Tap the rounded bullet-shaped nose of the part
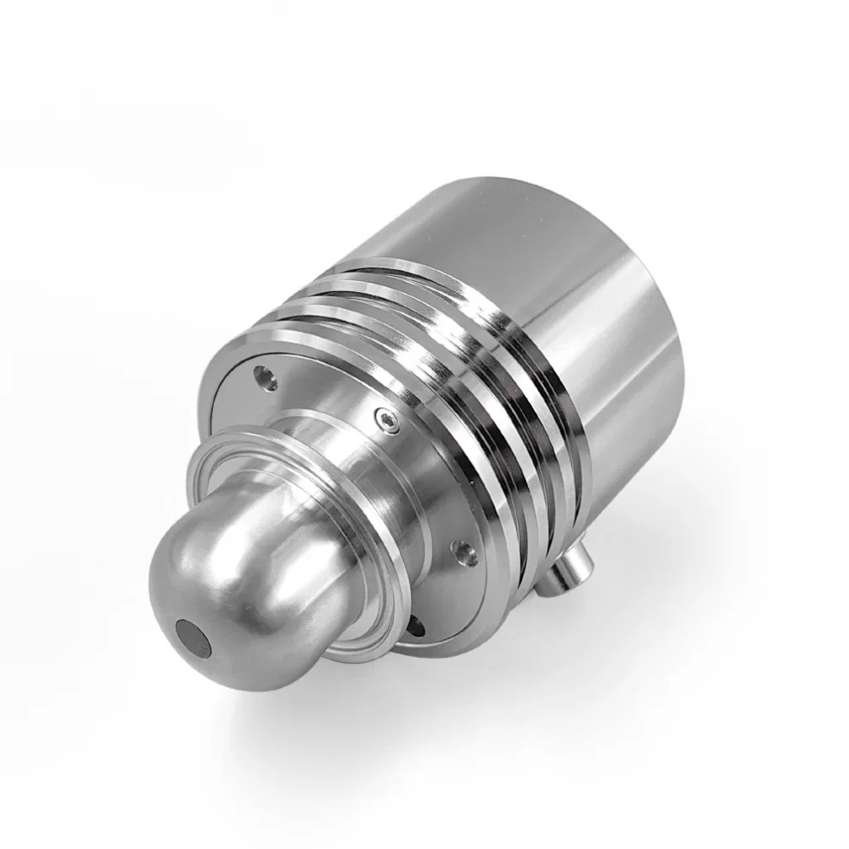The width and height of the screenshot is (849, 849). [x=229, y=586]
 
